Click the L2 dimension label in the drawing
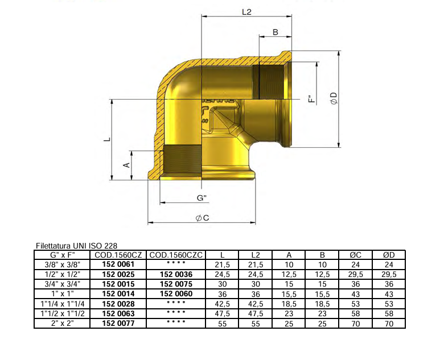pos(246,11)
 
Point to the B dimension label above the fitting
pos(276,32)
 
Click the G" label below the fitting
pos(201,198)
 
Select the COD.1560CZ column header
pos(118,255)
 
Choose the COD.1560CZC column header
pos(176,255)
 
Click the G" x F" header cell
pos(62,255)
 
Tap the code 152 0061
pos(118,264)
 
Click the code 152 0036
pos(176,274)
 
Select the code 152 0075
pos(176,284)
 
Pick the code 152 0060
pos(176,293)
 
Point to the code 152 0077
pos(118,323)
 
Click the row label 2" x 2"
pos(62,323)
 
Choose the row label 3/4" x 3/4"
pos(62,284)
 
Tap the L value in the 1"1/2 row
pos(222,313)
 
